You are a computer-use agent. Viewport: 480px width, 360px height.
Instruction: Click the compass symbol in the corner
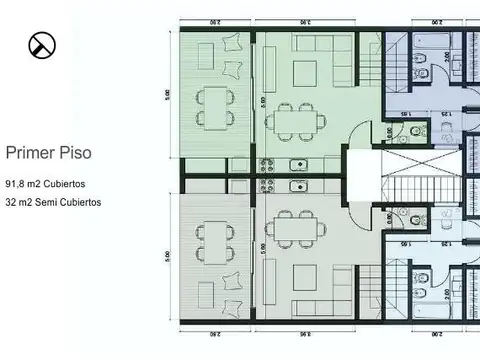coord(42,44)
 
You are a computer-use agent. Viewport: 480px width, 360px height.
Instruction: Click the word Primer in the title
coord(30,153)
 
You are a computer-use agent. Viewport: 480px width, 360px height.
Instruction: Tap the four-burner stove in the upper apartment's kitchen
coord(268,165)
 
